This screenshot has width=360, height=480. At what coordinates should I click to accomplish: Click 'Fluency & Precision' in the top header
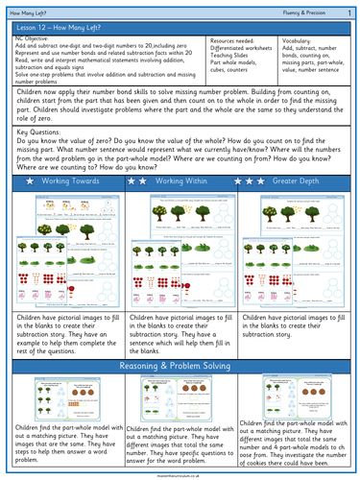tap(304, 11)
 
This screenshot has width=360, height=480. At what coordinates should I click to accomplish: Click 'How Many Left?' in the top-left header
tap(25, 11)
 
